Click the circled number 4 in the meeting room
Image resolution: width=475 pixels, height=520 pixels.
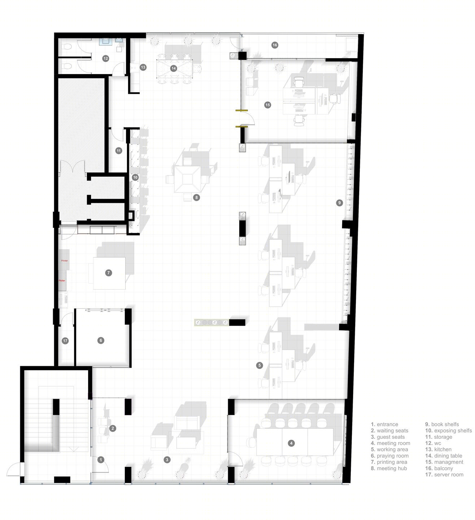(x=292, y=443)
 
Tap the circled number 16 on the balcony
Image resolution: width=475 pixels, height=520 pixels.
(x=275, y=45)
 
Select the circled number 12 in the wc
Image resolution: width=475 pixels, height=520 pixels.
(x=105, y=58)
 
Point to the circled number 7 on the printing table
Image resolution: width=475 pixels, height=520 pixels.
(x=109, y=273)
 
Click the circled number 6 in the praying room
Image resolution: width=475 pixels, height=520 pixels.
(x=101, y=340)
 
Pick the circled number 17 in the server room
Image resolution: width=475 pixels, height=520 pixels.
(x=65, y=341)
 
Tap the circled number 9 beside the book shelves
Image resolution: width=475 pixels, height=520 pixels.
(x=339, y=203)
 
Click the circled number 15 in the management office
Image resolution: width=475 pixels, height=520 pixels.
(x=267, y=105)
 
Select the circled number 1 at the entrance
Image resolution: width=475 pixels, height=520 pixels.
(x=101, y=460)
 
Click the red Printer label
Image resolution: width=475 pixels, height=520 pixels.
(x=64, y=261)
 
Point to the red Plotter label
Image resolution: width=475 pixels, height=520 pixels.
(x=62, y=281)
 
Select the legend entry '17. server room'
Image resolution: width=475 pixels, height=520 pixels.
(x=444, y=474)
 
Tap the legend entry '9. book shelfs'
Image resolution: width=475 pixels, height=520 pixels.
(x=442, y=424)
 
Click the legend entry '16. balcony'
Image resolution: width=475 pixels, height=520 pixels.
(x=439, y=468)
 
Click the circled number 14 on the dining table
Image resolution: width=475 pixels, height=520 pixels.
(x=174, y=68)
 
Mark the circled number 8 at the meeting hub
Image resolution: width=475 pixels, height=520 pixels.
(x=196, y=198)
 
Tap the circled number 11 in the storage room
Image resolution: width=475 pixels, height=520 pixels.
(x=119, y=151)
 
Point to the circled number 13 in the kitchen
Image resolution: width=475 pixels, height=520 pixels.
(x=143, y=67)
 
